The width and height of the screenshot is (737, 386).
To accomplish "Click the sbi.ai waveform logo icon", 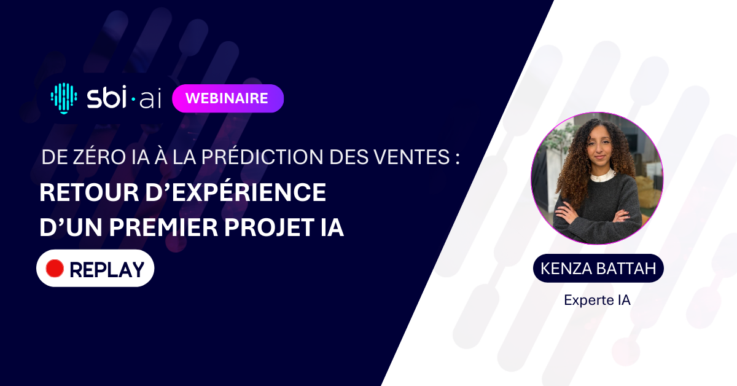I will [x=63, y=98].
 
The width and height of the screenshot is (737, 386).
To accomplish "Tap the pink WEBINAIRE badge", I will [x=227, y=98].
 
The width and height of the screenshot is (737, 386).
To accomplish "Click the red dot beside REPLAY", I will [x=55, y=268].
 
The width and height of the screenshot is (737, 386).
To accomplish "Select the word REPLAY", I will [x=107, y=269].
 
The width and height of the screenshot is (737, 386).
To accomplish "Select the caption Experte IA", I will [x=597, y=301].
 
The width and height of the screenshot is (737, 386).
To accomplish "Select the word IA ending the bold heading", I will [x=331, y=227].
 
